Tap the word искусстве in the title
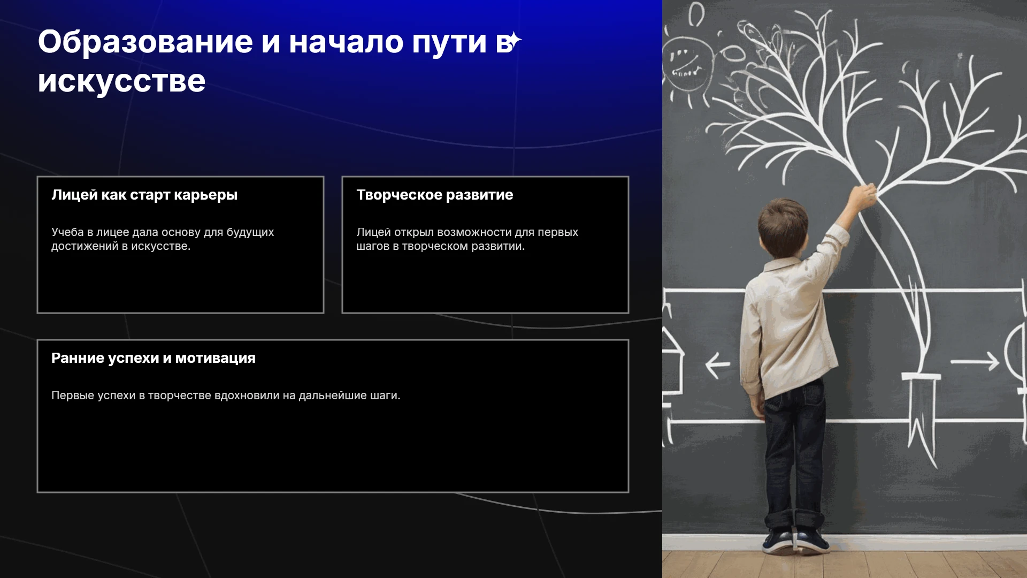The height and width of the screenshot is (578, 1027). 121,81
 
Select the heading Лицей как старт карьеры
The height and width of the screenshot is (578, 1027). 144,195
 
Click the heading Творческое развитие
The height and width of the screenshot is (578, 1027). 435,195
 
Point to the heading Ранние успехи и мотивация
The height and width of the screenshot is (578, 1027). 154,358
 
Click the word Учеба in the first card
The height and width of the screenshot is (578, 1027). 67,232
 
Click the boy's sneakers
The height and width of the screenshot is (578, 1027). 795,541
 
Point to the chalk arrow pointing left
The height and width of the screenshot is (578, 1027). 717,365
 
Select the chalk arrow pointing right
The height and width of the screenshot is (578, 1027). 975,361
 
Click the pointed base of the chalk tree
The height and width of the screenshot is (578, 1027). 921,423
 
